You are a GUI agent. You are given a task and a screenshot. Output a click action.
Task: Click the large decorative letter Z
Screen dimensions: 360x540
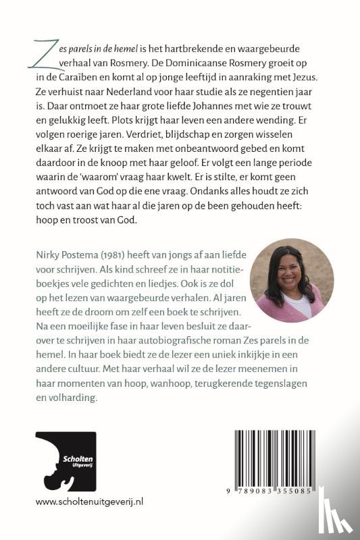click(46, 51)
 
